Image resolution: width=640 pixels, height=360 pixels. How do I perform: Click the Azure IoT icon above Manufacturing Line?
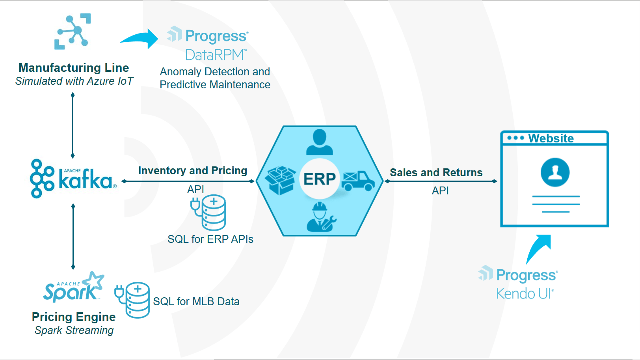(x=73, y=32)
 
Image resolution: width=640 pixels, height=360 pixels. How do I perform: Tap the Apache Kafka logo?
(x=73, y=179)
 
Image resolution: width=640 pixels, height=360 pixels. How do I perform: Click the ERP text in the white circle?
(x=319, y=179)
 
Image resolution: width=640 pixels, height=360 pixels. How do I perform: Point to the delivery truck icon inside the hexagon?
(x=358, y=181)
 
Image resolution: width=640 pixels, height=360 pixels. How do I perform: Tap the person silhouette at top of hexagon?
(x=320, y=142)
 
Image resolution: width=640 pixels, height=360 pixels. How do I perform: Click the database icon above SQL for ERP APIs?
(x=209, y=213)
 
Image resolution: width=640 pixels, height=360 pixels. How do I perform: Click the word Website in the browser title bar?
(x=551, y=138)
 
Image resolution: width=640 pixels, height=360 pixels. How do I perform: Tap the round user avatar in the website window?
(x=555, y=172)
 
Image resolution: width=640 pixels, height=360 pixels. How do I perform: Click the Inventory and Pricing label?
(x=193, y=171)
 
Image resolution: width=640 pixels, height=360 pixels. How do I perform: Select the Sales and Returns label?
(x=436, y=173)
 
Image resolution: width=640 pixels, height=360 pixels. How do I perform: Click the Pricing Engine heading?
(x=74, y=317)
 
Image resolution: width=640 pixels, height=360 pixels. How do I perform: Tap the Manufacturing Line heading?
(x=74, y=68)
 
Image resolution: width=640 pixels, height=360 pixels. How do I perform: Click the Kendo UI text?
(x=525, y=294)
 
